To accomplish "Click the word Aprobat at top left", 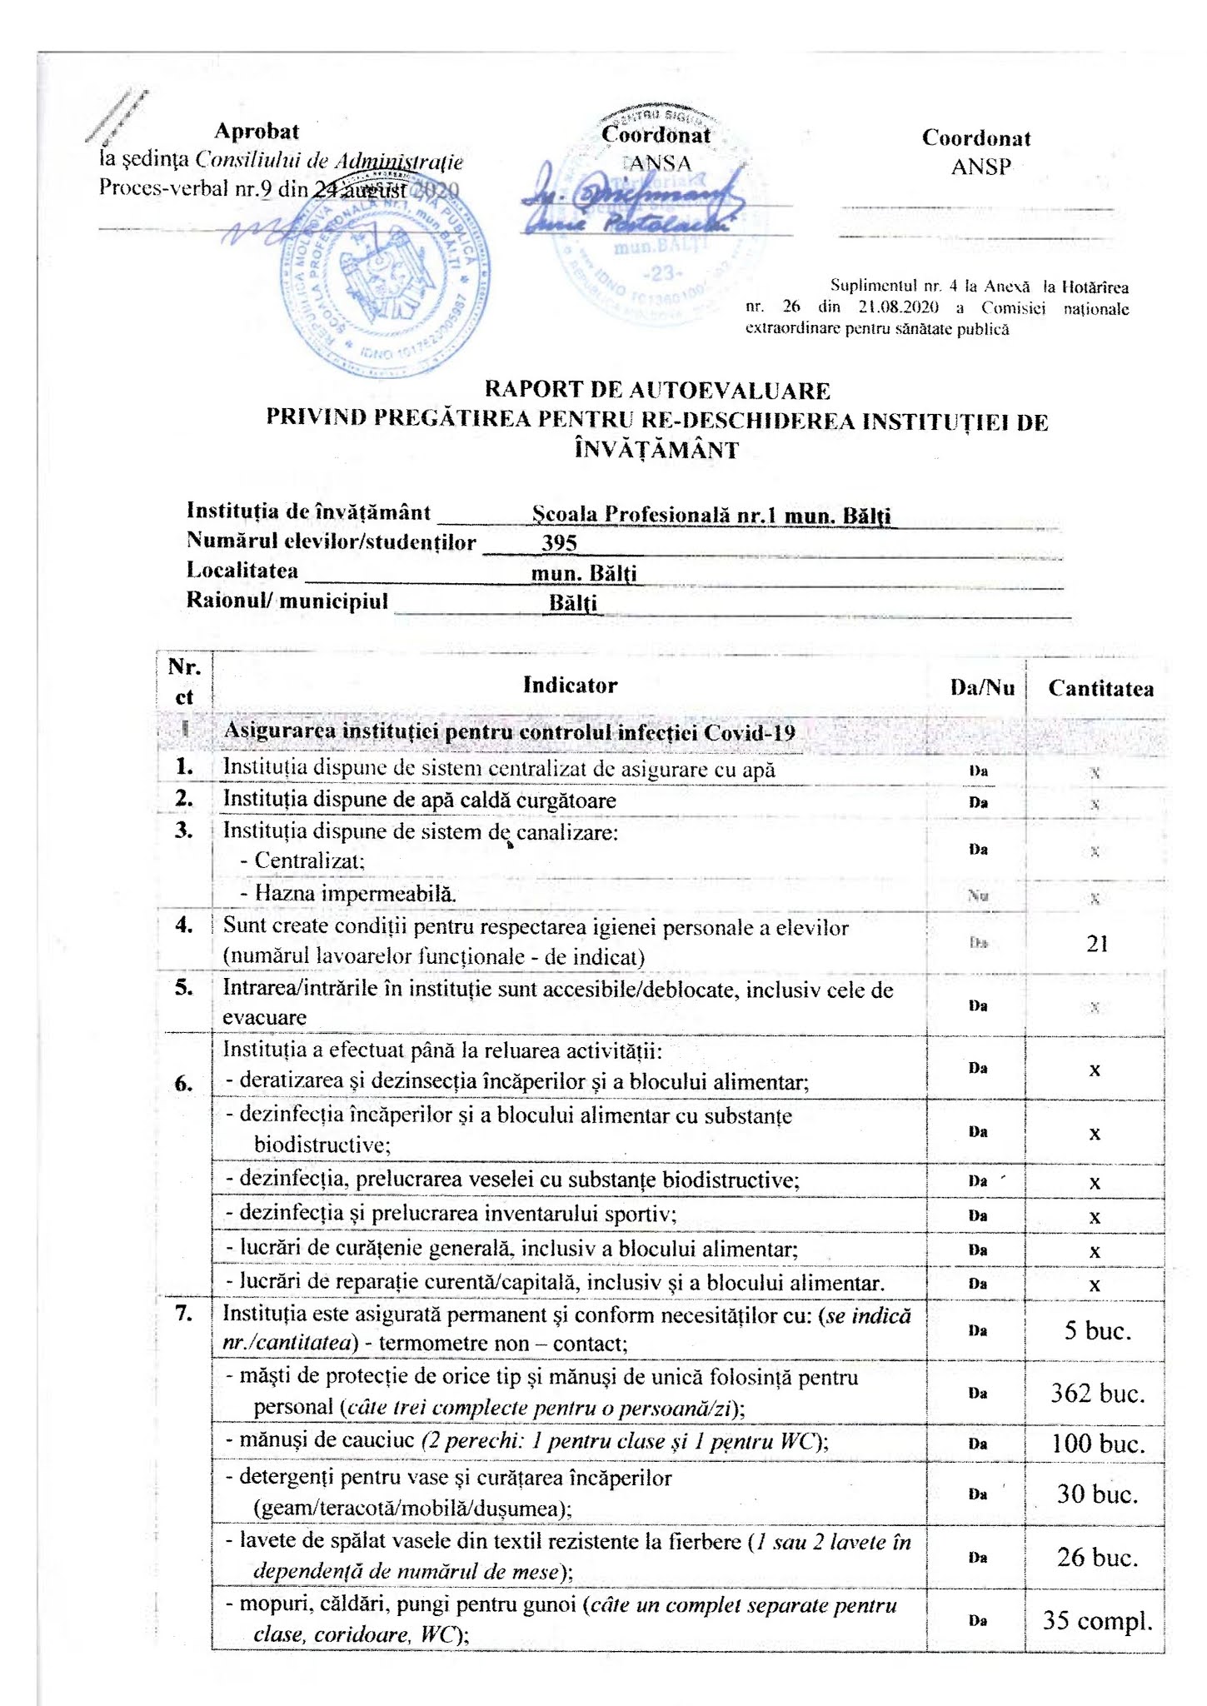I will (257, 131).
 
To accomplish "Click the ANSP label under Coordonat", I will (980, 167).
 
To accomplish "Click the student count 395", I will (559, 543).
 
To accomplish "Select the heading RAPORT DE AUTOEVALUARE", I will (657, 390).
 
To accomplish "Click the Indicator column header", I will (570, 685).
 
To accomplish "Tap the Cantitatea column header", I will (1100, 688).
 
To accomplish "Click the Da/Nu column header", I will (982, 687).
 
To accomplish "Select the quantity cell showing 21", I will (1097, 943).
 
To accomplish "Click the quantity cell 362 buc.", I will (1097, 1393).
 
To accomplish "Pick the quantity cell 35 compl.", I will (1097, 1621).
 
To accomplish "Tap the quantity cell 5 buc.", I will (1097, 1330).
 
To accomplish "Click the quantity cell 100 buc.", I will (1097, 1444).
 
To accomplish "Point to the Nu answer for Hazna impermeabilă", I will (978, 897).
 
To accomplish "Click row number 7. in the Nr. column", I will (184, 1314).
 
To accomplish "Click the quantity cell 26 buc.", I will (1097, 1557).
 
